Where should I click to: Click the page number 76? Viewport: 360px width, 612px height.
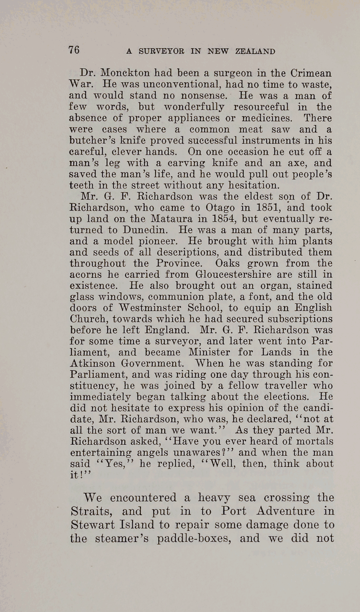click(74, 50)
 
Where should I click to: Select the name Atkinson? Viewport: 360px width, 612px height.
click(92, 363)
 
